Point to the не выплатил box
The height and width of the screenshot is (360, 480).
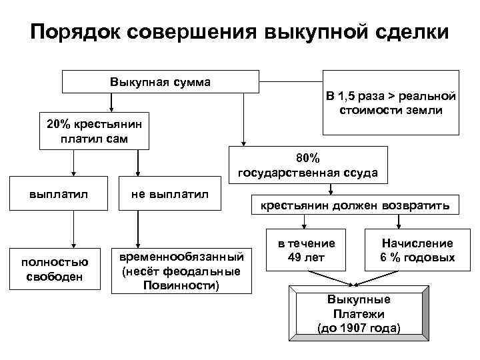point(169,193)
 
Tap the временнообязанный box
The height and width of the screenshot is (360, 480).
point(181,271)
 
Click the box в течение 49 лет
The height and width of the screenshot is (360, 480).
point(307,250)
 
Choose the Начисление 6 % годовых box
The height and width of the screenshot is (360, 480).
point(417,250)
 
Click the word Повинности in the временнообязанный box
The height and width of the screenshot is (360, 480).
point(181,285)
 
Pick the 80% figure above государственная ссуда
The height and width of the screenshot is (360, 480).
point(307,158)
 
